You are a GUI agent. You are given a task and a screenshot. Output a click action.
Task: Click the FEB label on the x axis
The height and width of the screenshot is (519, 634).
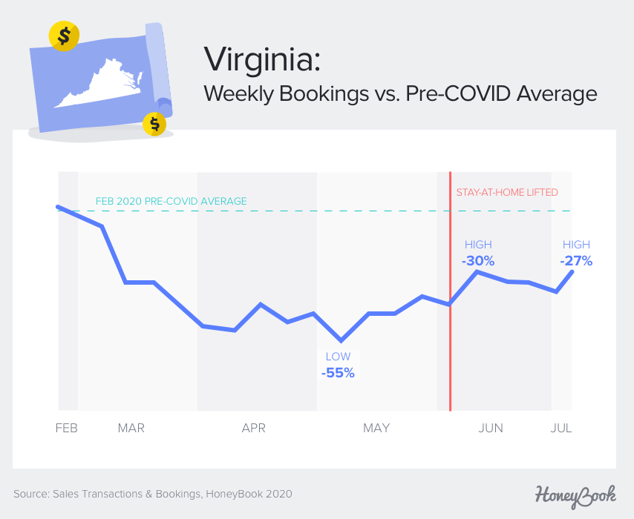click(66, 428)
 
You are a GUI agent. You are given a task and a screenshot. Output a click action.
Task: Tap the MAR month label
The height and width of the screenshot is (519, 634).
click(131, 428)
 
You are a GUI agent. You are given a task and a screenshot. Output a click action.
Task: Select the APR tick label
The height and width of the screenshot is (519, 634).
click(254, 428)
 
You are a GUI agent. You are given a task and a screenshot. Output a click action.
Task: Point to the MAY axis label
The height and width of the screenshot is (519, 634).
click(376, 428)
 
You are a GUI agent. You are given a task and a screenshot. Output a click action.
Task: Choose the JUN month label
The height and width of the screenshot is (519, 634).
click(491, 428)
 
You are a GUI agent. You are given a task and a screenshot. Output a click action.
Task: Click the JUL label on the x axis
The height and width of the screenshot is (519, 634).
click(562, 428)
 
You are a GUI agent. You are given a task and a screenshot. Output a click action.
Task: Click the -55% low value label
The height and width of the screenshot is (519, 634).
click(338, 373)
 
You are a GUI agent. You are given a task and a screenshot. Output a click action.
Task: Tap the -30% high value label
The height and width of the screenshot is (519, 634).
click(478, 261)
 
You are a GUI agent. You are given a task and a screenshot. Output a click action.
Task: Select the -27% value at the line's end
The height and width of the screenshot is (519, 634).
click(576, 261)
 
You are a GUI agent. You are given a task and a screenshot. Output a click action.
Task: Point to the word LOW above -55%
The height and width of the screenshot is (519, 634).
click(338, 357)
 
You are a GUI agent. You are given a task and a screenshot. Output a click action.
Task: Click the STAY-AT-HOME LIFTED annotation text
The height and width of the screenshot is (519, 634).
click(507, 193)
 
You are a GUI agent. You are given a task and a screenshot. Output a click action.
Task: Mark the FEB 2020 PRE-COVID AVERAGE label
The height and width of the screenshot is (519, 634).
click(171, 201)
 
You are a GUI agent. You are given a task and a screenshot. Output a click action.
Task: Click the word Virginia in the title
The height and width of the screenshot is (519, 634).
click(261, 59)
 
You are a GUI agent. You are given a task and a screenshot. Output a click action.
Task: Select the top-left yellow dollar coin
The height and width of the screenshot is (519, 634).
click(64, 35)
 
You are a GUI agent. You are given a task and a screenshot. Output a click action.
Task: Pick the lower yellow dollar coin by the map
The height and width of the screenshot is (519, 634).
click(154, 124)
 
